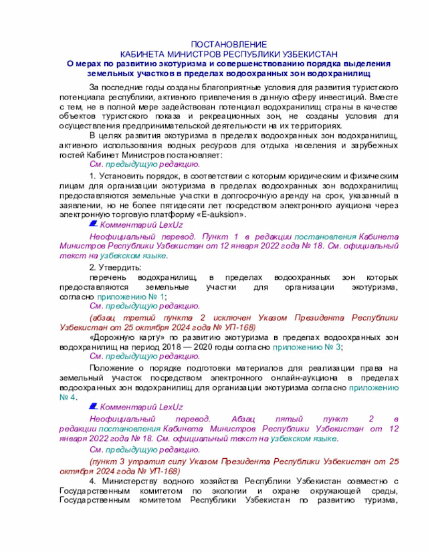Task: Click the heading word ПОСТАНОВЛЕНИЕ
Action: tap(229, 43)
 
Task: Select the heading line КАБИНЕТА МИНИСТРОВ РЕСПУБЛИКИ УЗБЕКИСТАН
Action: tap(229, 53)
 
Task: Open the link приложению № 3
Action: tap(318, 347)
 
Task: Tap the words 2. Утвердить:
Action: tap(111, 266)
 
